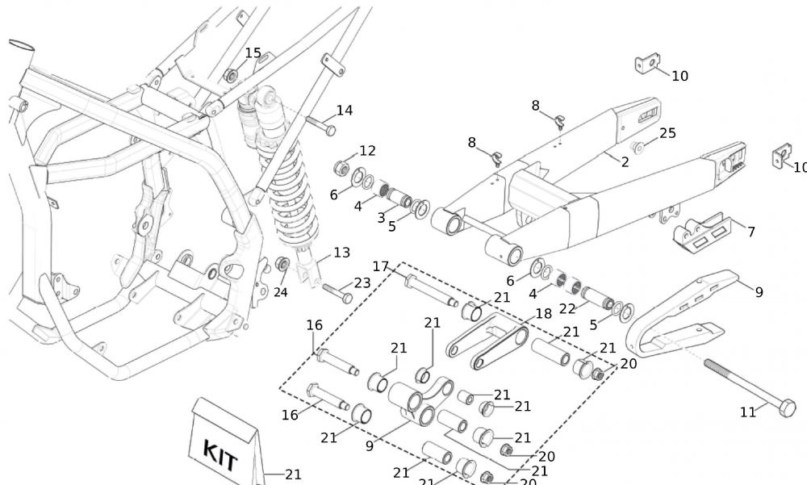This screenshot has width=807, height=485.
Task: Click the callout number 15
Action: pos(253,53)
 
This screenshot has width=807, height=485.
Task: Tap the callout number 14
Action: pos(345,111)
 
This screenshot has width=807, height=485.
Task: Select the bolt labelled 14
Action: pos(320,124)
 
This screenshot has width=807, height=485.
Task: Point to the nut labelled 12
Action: pos(341,169)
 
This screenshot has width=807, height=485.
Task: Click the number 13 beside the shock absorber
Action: pos(341,253)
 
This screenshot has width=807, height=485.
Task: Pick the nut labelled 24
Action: pos(282,265)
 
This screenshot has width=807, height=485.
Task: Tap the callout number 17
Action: pos(381,267)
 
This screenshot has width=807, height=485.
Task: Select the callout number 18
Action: pos(543,313)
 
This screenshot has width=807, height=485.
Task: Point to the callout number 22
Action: pos(568,307)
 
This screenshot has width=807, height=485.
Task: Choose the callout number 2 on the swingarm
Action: pos(625,162)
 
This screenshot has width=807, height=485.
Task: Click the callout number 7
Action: pos(751,232)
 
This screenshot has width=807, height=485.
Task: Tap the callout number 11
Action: pos(748,412)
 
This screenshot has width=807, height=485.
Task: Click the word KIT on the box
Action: pos(220,456)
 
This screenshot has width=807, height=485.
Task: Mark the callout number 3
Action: pos(382,218)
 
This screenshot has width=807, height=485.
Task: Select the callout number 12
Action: pos(367,151)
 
